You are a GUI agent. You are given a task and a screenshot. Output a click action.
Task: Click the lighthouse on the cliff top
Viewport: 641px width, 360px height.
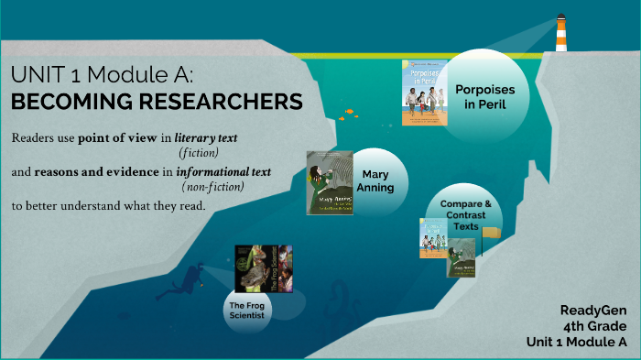pyautogui.click(x=560, y=33)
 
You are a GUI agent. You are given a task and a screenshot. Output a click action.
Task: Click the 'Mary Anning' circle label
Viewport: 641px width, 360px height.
pyautogui.click(x=377, y=180)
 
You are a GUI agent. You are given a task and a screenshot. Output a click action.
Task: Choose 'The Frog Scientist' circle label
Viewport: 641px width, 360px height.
pyautogui.click(x=247, y=310)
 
